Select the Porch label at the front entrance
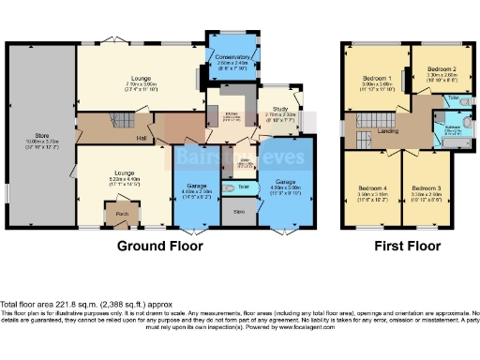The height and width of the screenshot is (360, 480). pos(121,212)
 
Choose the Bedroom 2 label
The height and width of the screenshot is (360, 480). pos(441,69)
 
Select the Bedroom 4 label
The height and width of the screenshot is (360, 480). pos(372,188)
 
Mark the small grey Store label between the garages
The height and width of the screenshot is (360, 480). pos(238,213)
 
